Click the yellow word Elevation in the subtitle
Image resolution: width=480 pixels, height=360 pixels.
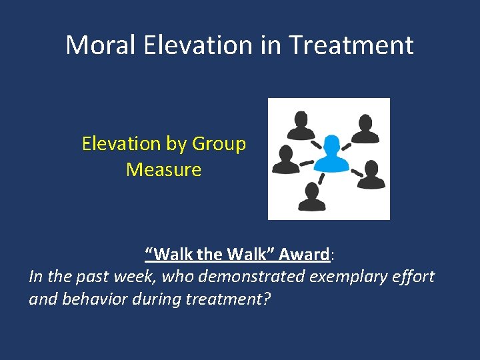[x=121, y=144]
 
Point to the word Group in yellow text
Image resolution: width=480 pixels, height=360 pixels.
[x=219, y=144]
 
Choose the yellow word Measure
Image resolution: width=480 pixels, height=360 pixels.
[x=163, y=170]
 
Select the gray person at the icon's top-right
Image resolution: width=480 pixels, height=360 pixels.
[x=364, y=128]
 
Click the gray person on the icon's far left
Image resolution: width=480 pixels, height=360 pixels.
[x=286, y=159]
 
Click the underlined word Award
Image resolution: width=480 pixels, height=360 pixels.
[x=303, y=254]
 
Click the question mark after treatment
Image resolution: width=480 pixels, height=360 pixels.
[x=267, y=298]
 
